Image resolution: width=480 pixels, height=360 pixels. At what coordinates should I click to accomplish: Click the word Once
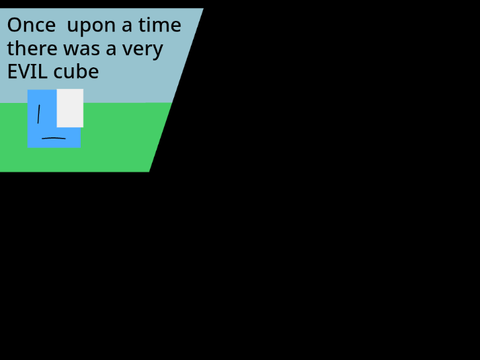tap(31, 25)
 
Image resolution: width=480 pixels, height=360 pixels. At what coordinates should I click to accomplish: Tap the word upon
tap(91, 27)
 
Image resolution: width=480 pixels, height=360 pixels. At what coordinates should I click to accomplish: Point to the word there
tap(32, 48)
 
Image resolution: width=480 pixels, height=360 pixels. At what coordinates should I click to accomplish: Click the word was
tap(82, 50)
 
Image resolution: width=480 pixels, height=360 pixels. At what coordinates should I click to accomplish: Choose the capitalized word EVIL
tap(27, 72)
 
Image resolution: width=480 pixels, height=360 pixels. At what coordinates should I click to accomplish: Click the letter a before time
tap(127, 27)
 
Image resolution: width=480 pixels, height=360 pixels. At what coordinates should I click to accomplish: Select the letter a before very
tap(111, 50)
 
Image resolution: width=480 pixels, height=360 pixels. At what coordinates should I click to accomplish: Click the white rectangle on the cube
tap(70, 108)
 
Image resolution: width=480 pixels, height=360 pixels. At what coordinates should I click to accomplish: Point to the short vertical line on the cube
tap(39, 114)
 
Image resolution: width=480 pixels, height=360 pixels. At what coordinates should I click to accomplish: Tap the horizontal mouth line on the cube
tap(54, 138)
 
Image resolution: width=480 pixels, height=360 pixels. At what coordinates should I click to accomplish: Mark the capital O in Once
tap(14, 25)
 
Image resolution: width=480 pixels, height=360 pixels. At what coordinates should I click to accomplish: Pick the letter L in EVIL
tap(42, 72)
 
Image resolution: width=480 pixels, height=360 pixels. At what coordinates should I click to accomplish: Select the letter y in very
tap(157, 52)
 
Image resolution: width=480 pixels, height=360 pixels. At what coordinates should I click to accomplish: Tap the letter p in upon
tap(85, 29)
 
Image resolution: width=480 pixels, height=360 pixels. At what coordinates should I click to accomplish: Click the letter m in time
tap(160, 27)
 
